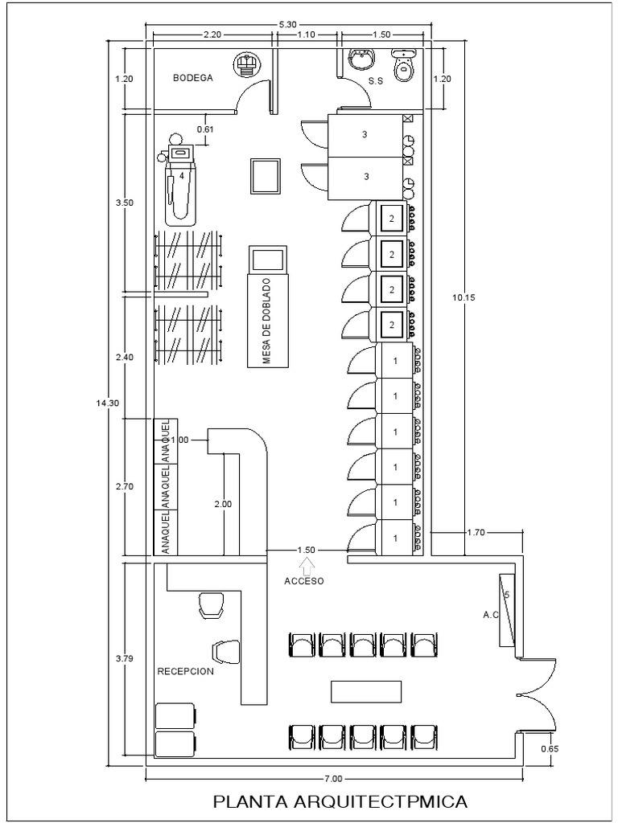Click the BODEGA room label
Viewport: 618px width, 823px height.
193,78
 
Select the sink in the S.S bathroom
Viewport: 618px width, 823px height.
362,58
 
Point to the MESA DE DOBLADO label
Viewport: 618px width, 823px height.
267,321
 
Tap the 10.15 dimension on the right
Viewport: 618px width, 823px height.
464,297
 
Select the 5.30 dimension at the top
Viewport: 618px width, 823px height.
288,23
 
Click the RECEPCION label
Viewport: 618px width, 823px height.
186,671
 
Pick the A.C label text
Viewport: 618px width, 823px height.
490,615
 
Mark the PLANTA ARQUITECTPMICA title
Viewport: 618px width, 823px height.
340,801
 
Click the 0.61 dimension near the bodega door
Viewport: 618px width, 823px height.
205,129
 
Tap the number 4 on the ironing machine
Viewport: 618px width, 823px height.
181,176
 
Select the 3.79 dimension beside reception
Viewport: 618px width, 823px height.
125,658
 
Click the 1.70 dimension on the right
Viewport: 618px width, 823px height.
476,533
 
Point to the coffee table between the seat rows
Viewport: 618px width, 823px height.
366,691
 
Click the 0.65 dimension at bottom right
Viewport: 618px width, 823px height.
549,749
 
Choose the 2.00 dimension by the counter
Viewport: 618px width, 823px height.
223,504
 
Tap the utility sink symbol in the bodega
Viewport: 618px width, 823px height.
245,65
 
